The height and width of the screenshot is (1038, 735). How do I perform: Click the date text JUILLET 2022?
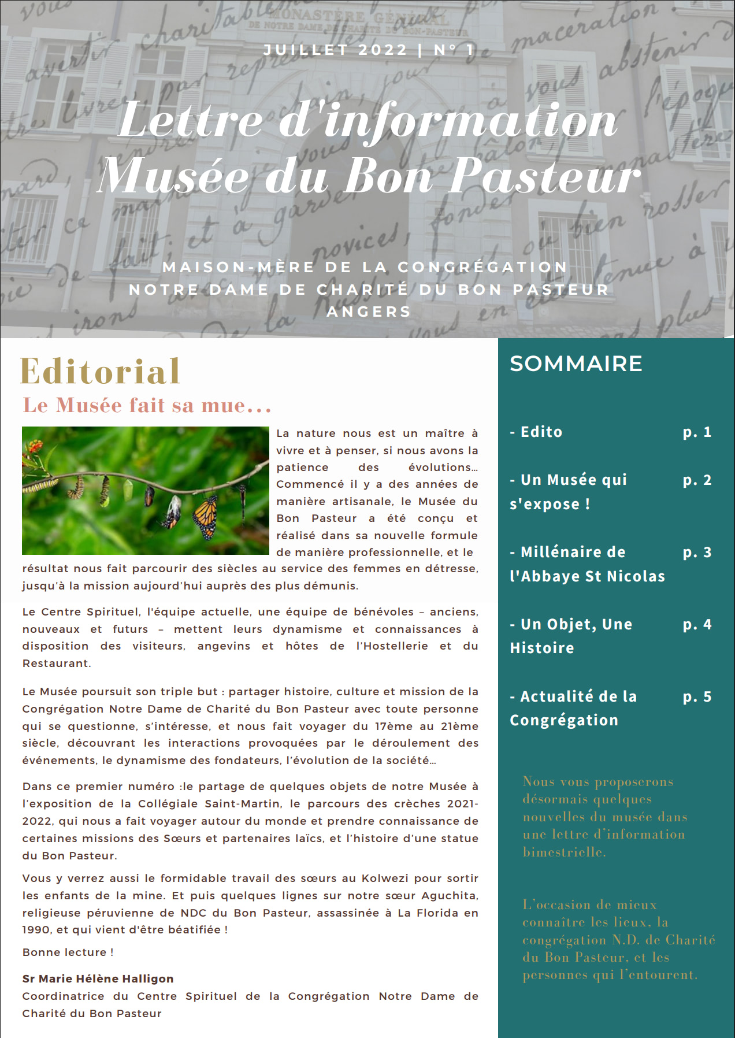pos(335,50)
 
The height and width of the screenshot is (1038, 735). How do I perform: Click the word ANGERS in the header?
pos(369,312)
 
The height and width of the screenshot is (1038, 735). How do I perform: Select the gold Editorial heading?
pos(100,371)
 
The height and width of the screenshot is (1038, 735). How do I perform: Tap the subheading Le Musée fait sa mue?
pos(147,405)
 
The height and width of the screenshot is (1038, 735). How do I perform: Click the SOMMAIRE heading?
pos(576,364)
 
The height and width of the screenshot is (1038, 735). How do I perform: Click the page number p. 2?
pos(697,480)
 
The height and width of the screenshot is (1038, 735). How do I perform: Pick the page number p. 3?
pos(697,552)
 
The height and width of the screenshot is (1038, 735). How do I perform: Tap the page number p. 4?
pos(697,624)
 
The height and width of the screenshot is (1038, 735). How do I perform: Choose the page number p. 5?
pos(697,696)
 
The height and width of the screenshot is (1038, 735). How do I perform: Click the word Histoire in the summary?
pos(542,648)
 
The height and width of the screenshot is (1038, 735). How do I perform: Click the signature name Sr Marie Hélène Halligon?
pos(98,978)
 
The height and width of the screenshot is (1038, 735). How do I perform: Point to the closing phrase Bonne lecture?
pos(68,952)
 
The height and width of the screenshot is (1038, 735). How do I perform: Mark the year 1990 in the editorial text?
pos(36,929)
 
